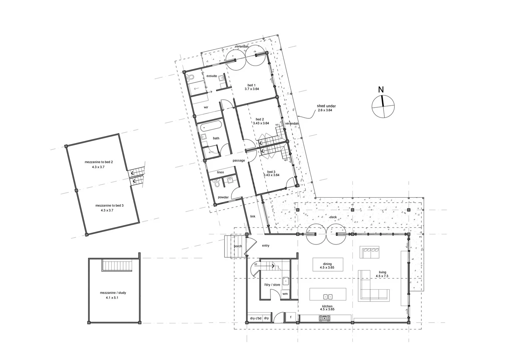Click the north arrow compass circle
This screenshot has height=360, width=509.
[x=383, y=106]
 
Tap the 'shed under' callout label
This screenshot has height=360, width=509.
[x=326, y=106]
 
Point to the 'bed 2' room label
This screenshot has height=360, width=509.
[x=260, y=119]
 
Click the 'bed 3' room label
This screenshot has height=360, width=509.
[x=271, y=172]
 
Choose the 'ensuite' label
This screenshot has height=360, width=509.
[x=212, y=76]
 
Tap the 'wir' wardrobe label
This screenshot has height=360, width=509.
[x=206, y=107]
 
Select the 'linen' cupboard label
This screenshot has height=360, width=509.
[x=220, y=172]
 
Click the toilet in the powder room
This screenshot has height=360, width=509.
[x=217, y=184]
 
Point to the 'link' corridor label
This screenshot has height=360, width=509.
[x=253, y=216]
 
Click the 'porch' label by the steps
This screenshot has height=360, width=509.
[x=238, y=246]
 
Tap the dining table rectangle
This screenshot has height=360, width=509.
[x=328, y=264]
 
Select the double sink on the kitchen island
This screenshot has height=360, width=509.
[x=328, y=296]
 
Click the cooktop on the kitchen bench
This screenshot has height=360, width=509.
[x=325, y=319]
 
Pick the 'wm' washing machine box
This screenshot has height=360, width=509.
[x=285, y=294]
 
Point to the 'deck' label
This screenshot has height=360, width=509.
[x=333, y=217]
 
